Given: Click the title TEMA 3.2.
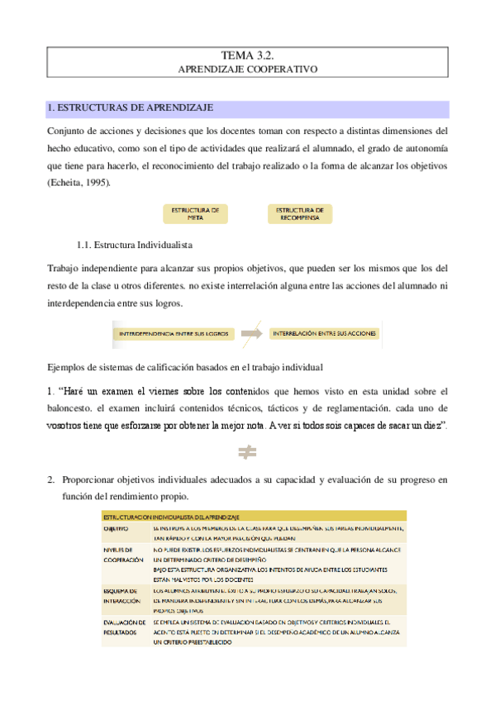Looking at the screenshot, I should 247,55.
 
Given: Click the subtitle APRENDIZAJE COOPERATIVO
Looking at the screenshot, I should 247,70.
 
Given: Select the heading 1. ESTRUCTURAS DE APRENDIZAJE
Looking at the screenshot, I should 131,108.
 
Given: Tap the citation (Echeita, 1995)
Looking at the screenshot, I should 78,182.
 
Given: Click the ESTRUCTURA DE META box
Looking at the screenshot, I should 195,214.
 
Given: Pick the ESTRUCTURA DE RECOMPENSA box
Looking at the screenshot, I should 299,214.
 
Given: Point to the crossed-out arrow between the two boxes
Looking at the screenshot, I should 251,333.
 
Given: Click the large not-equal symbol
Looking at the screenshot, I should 247,452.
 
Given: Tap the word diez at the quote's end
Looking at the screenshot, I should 432,425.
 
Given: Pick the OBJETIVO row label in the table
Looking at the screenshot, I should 116,527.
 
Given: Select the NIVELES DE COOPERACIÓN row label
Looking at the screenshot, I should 124,554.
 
